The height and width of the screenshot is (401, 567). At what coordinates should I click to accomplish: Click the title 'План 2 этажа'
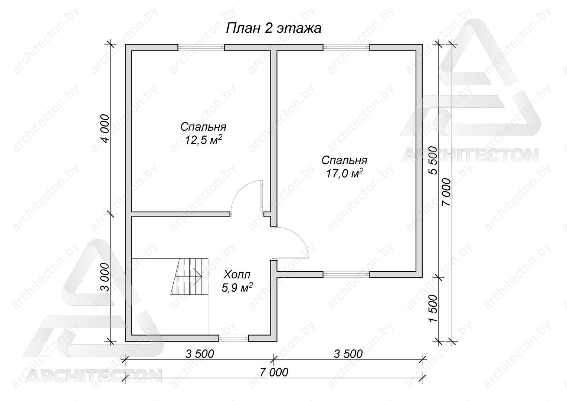point(273,28)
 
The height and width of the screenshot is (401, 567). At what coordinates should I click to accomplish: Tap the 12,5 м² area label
point(203,139)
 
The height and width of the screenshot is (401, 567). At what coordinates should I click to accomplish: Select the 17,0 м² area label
point(344,173)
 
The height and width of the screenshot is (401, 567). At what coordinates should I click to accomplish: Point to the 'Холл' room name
point(237,274)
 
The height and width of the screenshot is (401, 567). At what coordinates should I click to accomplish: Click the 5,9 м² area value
point(237,288)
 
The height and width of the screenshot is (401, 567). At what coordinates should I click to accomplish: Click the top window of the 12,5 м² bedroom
point(201,48)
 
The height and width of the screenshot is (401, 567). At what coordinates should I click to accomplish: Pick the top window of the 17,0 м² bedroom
point(346,48)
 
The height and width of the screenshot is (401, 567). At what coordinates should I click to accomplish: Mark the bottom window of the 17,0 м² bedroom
point(346,274)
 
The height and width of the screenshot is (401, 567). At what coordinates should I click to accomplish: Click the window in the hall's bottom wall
point(233,338)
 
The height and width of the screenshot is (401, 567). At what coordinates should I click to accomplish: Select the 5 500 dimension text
point(433,160)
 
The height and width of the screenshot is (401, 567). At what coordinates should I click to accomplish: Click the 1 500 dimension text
point(433,308)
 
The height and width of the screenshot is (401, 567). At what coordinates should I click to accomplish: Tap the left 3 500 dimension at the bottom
point(200,354)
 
